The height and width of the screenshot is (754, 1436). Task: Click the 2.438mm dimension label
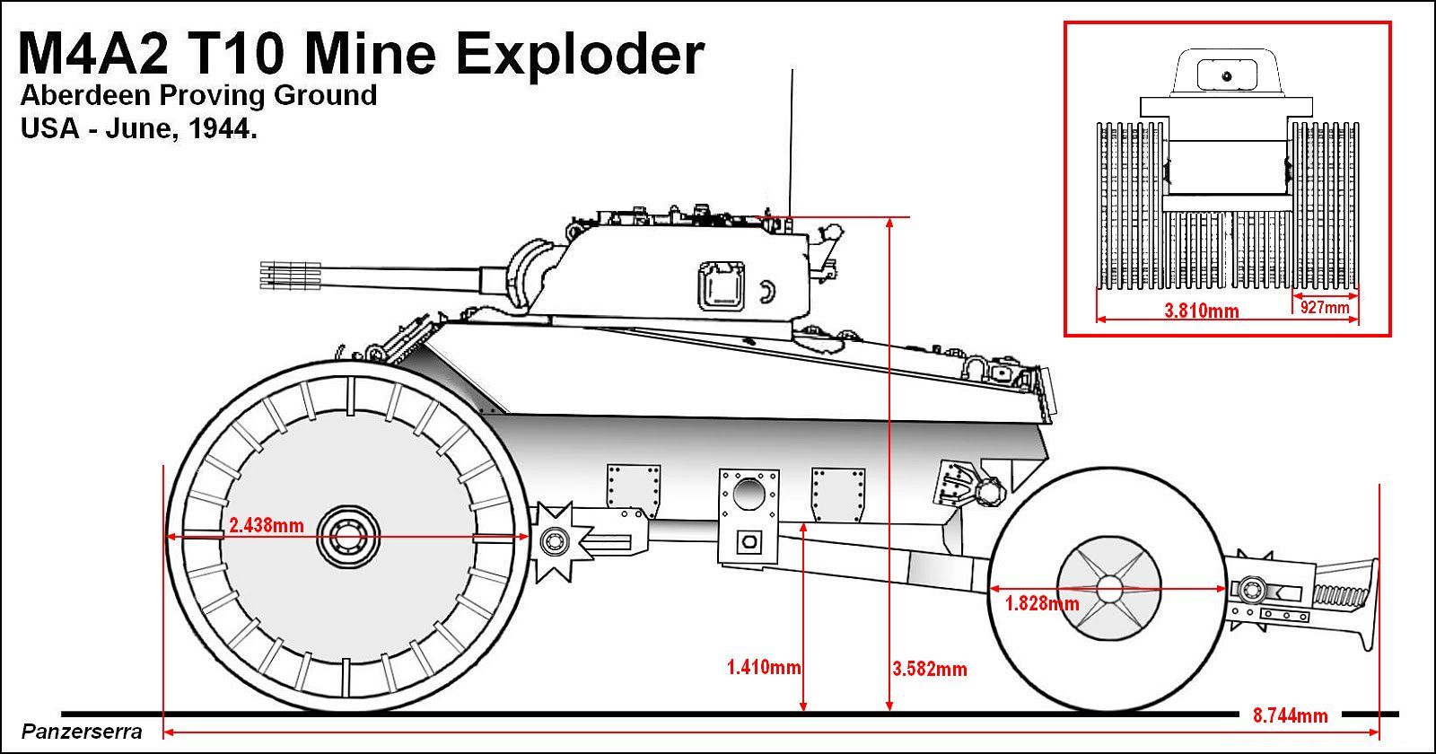(x=266, y=525)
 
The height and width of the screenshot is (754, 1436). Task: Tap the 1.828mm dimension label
(x=1042, y=603)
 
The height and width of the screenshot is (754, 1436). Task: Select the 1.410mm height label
(x=763, y=667)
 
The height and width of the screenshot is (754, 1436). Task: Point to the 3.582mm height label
(x=930, y=669)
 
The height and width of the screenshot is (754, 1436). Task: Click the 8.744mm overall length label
(x=1290, y=715)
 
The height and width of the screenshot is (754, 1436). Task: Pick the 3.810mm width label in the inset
(x=1201, y=311)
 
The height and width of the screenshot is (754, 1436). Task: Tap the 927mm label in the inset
(x=1325, y=307)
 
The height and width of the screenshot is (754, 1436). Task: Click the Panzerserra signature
(x=82, y=732)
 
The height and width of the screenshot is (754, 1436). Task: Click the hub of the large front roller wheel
(x=345, y=539)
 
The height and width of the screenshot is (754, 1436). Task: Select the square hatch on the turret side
(x=722, y=285)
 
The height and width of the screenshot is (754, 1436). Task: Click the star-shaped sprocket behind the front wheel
(x=556, y=540)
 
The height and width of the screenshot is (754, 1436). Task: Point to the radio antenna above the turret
(x=791, y=144)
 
